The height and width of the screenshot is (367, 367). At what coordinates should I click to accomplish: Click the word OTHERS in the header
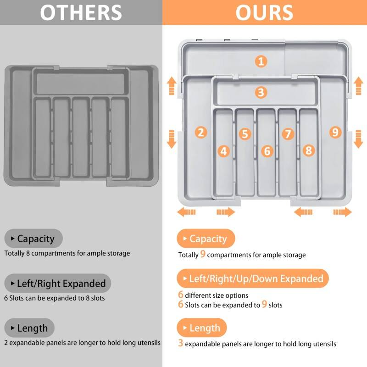tap(81, 13)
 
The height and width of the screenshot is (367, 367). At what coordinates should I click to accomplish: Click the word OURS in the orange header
tap(264, 13)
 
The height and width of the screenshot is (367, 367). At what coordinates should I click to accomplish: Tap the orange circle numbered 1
tap(261, 61)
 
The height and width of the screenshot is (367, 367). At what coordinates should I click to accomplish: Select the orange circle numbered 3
tap(261, 92)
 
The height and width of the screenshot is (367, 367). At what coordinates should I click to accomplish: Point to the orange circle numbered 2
tap(201, 132)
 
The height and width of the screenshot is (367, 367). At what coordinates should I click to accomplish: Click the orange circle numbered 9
tap(335, 132)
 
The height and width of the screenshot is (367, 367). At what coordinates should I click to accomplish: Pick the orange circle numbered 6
tap(267, 151)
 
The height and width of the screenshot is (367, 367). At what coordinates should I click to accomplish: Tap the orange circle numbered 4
tap(224, 151)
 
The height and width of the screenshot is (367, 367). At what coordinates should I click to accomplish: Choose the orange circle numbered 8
tap(309, 150)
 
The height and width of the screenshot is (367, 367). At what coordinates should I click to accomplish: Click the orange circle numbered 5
tap(245, 134)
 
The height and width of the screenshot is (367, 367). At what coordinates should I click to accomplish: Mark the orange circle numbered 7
tap(288, 134)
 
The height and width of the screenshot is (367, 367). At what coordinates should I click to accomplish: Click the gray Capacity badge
tap(33, 239)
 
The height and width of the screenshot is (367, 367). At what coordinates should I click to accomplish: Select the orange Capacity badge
tap(206, 239)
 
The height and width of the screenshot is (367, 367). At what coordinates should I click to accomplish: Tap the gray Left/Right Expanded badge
tap(58, 283)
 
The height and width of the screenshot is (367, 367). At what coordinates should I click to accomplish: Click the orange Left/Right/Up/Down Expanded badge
tap(253, 278)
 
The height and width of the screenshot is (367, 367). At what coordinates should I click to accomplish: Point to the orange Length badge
tap(202, 328)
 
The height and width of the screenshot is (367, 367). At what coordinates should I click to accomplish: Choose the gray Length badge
tap(29, 328)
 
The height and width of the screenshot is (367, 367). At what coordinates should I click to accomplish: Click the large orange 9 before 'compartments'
tap(203, 254)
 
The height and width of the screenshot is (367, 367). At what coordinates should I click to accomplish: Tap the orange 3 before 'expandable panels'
tap(180, 343)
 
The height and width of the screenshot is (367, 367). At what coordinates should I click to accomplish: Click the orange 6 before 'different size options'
tap(180, 295)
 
